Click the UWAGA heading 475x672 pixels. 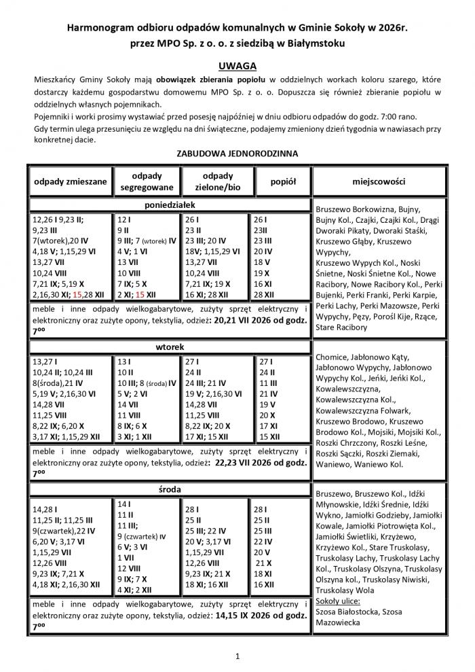click(x=237, y=66)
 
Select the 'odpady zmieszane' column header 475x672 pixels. click(x=71, y=182)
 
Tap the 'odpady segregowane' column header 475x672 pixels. click(x=147, y=181)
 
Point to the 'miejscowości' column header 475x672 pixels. click(x=379, y=182)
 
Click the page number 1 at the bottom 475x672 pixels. click(x=237, y=656)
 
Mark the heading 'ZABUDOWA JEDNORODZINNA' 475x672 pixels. click(x=237, y=154)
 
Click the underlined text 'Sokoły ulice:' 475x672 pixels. click(x=338, y=601)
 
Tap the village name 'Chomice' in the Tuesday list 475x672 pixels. click(x=332, y=357)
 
